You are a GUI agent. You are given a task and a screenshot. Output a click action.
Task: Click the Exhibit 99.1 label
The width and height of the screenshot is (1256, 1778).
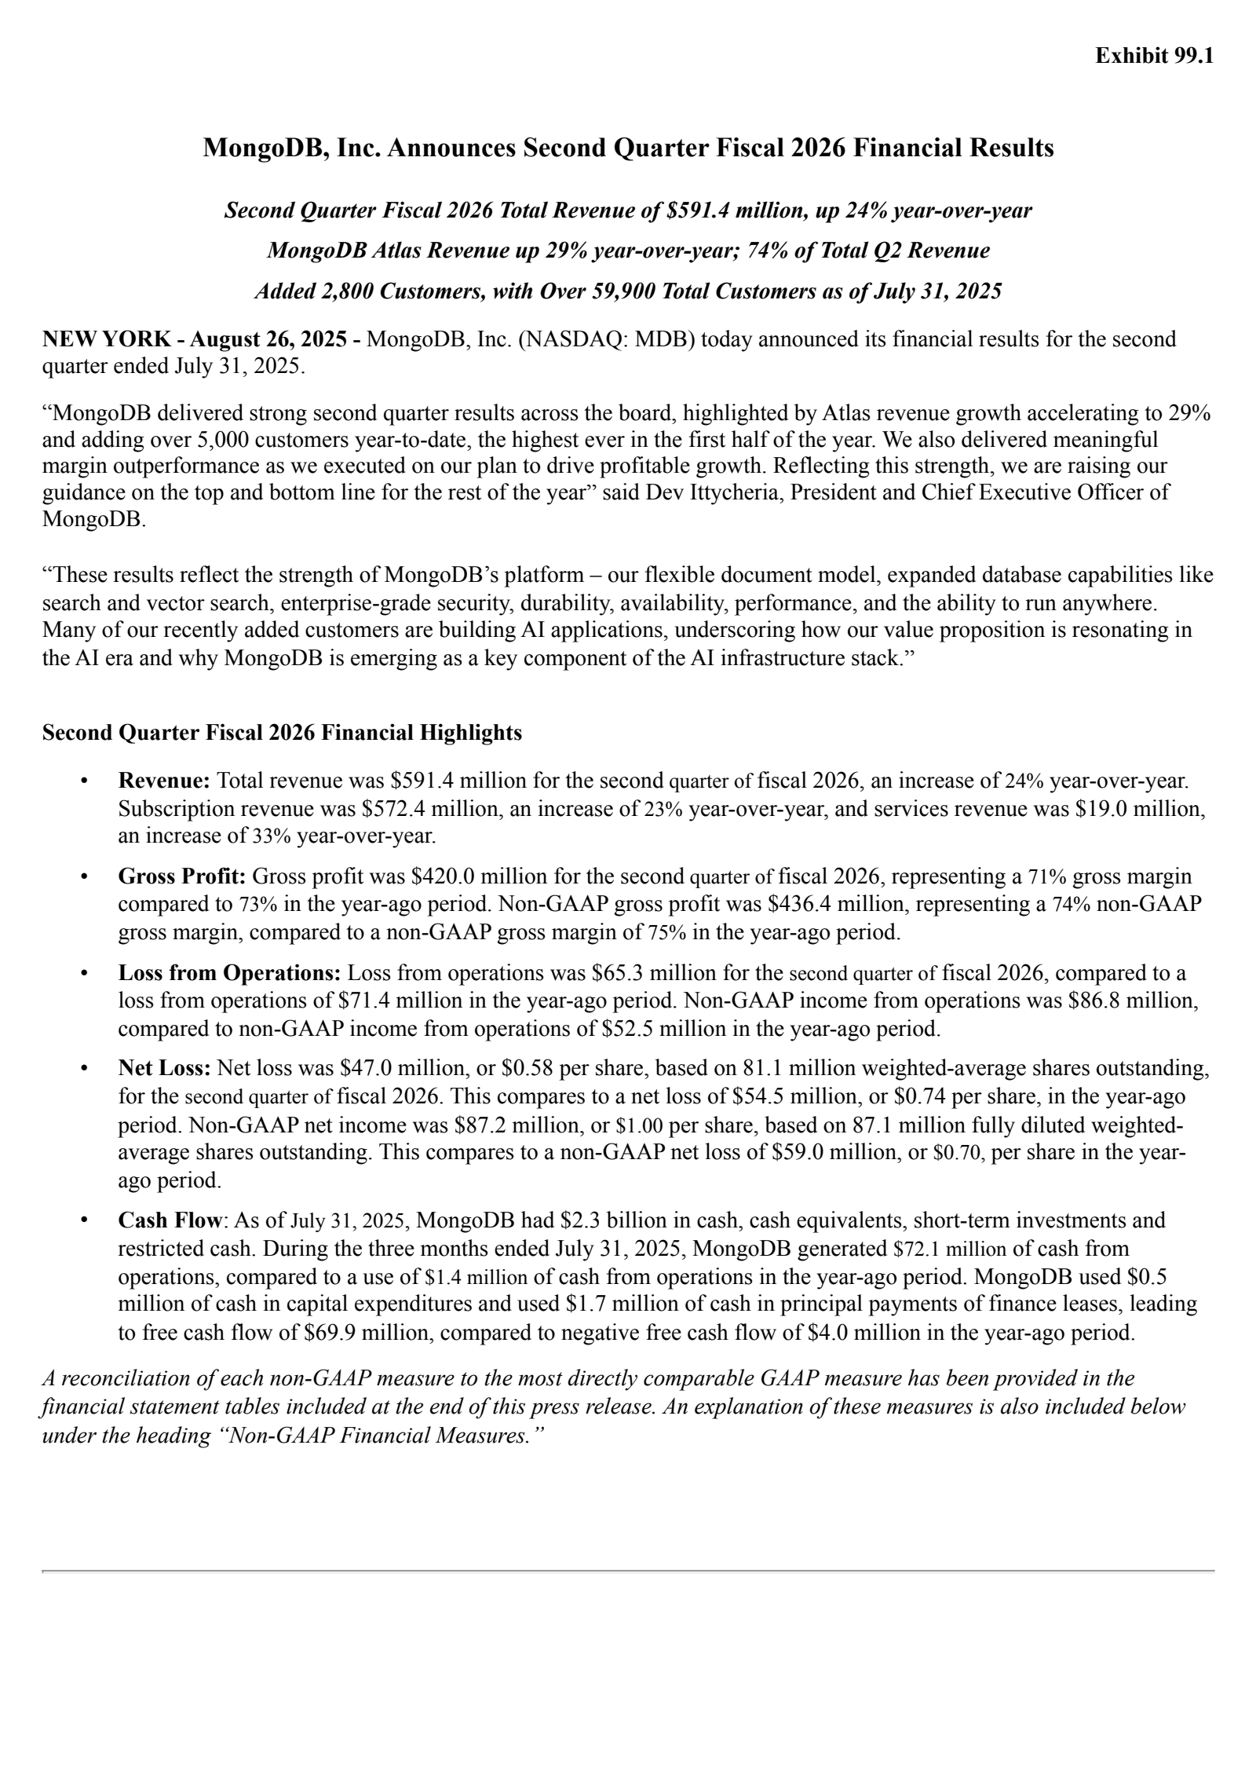pyautogui.click(x=1154, y=57)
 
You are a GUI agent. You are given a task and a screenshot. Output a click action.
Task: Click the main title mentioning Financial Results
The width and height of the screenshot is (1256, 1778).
pyautogui.click(x=628, y=148)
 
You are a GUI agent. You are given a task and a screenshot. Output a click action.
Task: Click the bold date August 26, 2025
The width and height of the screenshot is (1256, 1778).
pyautogui.click(x=268, y=339)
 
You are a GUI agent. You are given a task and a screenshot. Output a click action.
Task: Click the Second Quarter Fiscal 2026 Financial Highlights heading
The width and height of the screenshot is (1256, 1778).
pyautogui.click(x=282, y=733)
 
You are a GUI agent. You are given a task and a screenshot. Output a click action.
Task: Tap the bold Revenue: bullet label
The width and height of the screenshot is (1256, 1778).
pyautogui.click(x=164, y=781)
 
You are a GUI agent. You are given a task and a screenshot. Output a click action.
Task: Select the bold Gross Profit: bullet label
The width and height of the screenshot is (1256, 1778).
pyautogui.click(x=182, y=876)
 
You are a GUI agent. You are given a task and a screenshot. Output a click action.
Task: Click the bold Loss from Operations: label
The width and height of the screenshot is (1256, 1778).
pyautogui.click(x=229, y=973)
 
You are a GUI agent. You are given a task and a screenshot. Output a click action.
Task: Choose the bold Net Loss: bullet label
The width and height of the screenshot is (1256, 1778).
pyautogui.click(x=164, y=1068)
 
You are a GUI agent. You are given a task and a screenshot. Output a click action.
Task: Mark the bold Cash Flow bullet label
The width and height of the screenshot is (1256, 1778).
pyautogui.click(x=170, y=1220)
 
